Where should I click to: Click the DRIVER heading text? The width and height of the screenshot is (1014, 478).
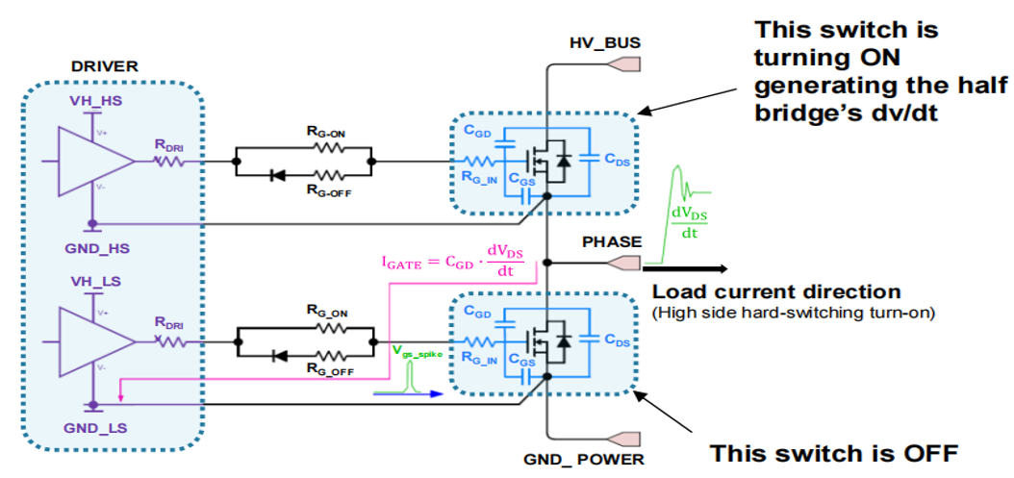pyautogui.click(x=105, y=66)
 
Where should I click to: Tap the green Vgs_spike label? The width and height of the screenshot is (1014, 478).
pyautogui.click(x=418, y=355)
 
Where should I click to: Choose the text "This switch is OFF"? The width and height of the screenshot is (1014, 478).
pyautogui.click(x=833, y=453)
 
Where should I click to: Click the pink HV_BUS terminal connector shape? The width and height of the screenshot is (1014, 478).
pyautogui.click(x=624, y=64)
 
